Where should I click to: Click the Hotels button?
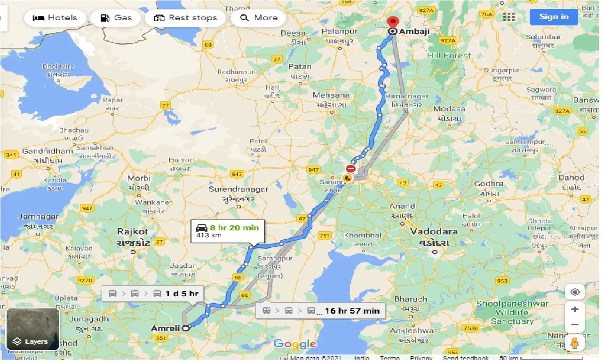point(55,18)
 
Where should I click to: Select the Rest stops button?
point(186,18)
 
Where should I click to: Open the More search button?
point(259,18)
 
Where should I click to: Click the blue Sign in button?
point(554,17)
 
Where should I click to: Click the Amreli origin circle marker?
point(186,328)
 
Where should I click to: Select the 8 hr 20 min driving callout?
point(228,230)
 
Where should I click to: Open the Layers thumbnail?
point(32,329)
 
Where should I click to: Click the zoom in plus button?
point(574,309)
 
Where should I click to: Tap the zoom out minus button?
point(574,324)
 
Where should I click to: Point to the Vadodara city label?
point(430,231)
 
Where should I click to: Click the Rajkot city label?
point(133,231)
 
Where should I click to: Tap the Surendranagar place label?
point(238,189)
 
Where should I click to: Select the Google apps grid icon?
point(509,17)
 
